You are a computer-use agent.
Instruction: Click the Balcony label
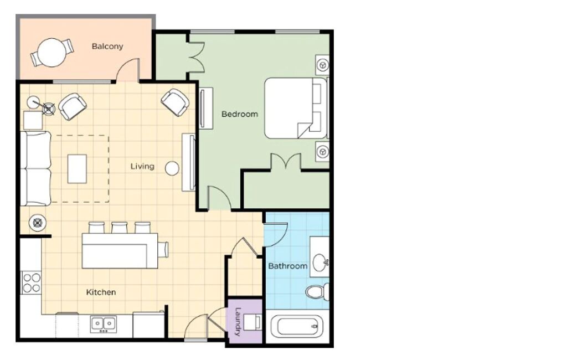(x=107, y=47)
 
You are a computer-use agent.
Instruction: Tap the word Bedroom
(x=240, y=114)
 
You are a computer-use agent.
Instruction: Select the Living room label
(x=142, y=167)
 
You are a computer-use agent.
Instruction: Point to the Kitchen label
(x=101, y=292)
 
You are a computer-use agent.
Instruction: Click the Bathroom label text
(x=288, y=266)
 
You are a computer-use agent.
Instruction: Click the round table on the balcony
(x=52, y=53)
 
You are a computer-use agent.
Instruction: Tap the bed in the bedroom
(x=296, y=108)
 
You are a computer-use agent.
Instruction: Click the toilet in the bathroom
(x=318, y=291)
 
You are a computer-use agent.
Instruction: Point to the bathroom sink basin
(x=319, y=262)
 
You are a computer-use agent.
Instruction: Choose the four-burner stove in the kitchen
(x=32, y=283)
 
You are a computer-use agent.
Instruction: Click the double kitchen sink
(x=104, y=323)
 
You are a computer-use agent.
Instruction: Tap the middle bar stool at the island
(x=120, y=227)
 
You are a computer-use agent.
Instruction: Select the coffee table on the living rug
(x=77, y=168)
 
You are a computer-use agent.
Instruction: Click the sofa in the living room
(x=35, y=168)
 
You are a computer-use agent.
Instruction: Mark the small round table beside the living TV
(x=172, y=168)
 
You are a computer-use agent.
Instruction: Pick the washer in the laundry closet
(x=252, y=322)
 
